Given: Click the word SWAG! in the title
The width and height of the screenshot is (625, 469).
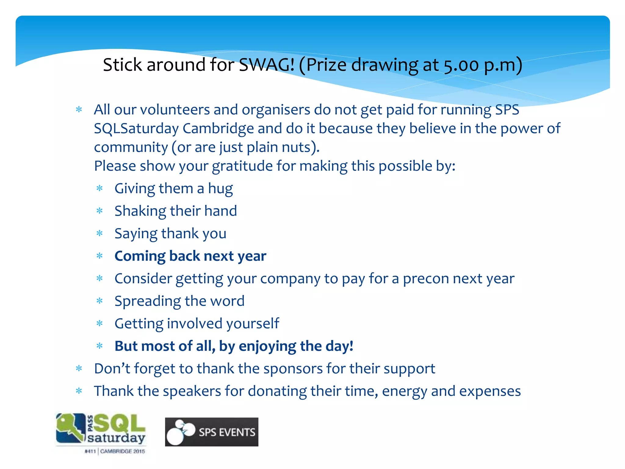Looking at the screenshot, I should tap(266, 65).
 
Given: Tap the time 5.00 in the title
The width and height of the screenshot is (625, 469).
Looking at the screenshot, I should tap(461, 65).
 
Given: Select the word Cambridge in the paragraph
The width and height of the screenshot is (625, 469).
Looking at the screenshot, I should tap(218, 129).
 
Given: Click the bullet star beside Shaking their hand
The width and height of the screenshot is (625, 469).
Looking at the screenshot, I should tap(99, 211).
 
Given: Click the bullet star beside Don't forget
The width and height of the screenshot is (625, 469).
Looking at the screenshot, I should tap(79, 369).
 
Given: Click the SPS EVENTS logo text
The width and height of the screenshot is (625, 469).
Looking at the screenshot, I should tap(227, 432).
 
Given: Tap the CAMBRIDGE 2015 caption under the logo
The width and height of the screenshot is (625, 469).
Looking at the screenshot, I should tap(122, 451).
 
